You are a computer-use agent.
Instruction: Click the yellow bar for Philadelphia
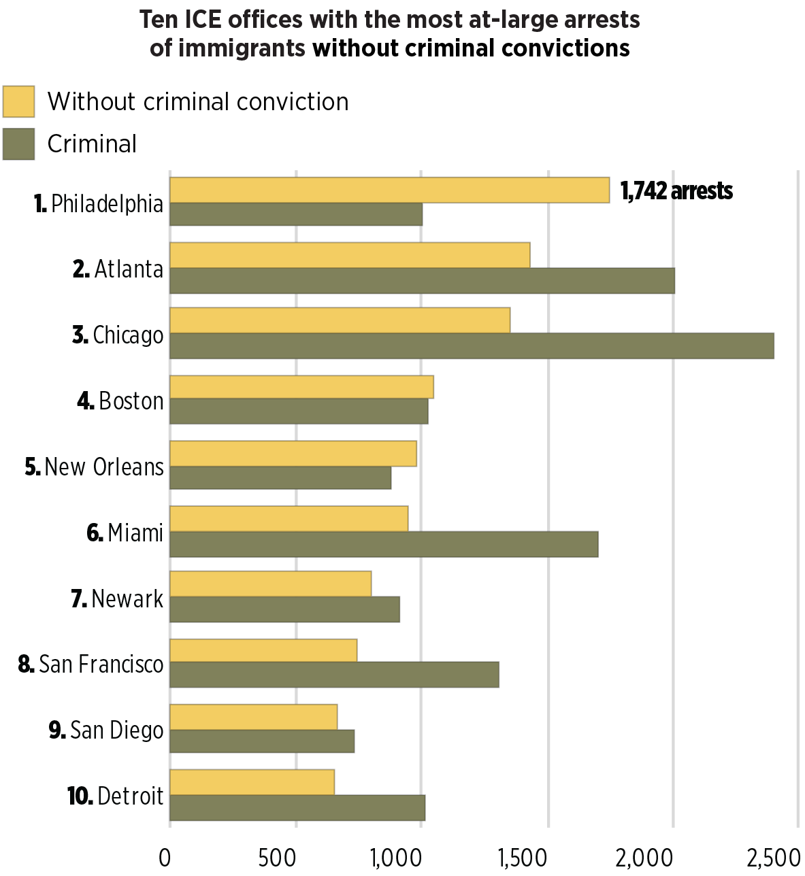point(389,190)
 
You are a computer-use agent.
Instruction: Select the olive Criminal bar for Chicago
point(472,346)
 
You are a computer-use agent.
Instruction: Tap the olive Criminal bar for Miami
point(384,544)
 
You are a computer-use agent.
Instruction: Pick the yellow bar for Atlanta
point(350,255)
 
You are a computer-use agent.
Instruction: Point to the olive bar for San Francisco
point(334,674)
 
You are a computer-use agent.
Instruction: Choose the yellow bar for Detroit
point(252,782)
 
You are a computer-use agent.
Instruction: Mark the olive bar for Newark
point(284,609)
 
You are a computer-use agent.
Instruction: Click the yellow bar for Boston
point(301,387)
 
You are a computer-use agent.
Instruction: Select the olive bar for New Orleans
point(280,477)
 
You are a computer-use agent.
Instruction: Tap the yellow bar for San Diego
point(253,717)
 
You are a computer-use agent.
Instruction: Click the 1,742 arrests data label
point(676,191)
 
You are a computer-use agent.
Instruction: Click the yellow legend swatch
point(18,101)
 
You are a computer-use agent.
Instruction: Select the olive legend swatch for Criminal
point(18,144)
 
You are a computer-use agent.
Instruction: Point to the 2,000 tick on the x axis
point(644,858)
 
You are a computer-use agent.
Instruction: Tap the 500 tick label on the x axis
point(277,858)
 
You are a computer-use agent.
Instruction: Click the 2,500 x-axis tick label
point(773,858)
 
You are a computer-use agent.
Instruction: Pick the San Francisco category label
point(91,664)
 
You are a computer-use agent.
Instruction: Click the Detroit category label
point(116,795)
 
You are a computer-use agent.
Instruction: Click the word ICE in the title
point(202,19)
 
